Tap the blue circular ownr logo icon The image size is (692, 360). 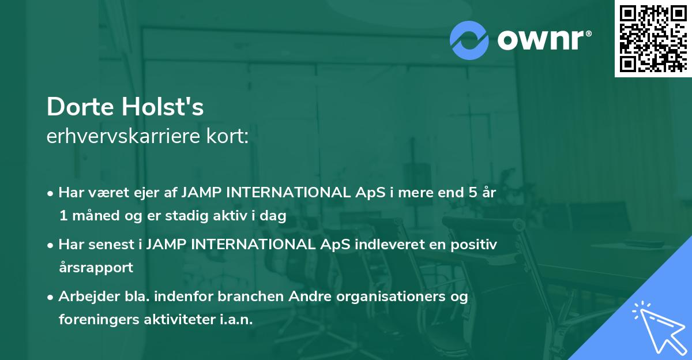[469, 40]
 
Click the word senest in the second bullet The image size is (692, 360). [112, 245]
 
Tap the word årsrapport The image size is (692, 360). [96, 268]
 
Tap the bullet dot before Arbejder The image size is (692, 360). [51, 297]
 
